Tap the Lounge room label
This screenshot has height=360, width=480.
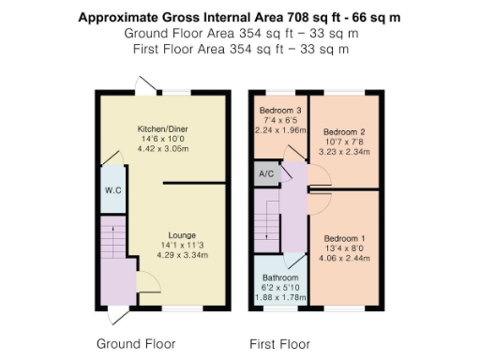pos(182,234)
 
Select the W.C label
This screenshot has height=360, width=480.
pos(110,190)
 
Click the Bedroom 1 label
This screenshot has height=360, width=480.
pos(342,238)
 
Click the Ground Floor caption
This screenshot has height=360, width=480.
pos(136,343)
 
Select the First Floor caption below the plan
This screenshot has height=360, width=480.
pos(280,343)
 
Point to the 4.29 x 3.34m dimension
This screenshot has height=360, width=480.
pos(182,255)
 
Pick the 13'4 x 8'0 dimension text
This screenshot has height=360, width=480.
pos(342,248)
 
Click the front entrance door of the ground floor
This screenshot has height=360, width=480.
pos(117,313)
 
